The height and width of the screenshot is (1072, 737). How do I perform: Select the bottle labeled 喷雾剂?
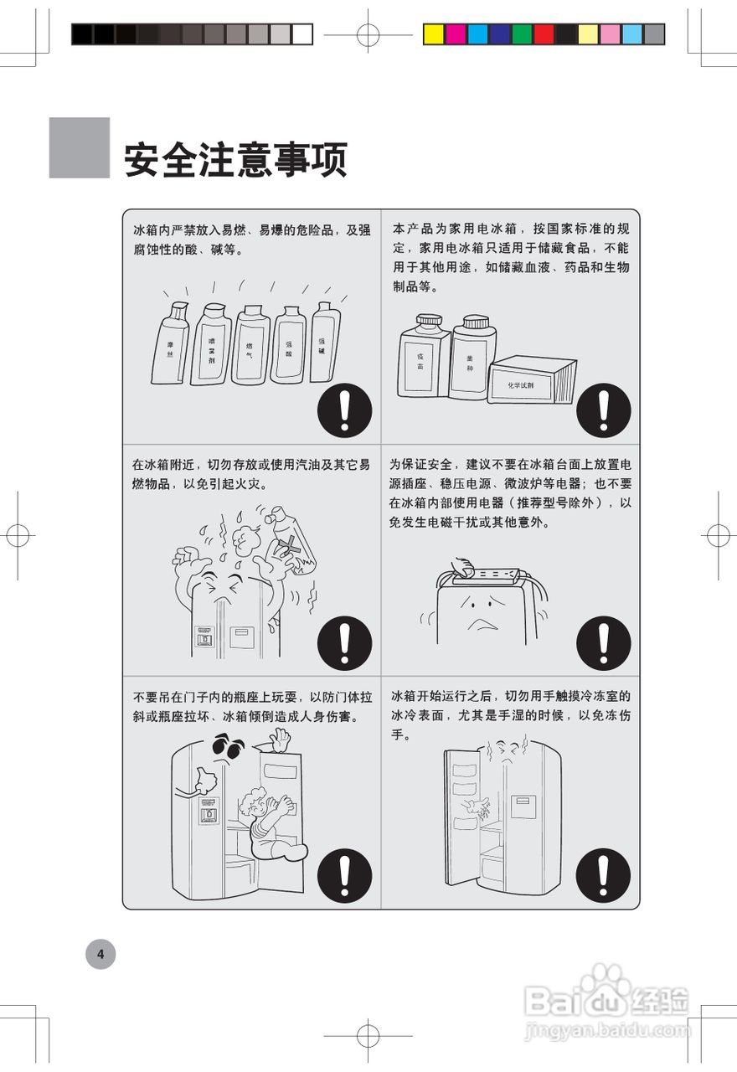click(x=211, y=345)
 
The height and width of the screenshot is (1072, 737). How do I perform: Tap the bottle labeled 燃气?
click(x=250, y=345)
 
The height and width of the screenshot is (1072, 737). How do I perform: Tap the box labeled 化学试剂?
click(x=533, y=381)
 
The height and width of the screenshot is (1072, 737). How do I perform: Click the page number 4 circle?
click(x=100, y=953)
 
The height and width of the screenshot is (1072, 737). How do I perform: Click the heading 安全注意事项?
click(x=235, y=159)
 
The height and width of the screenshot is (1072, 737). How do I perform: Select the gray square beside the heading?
click(x=79, y=147)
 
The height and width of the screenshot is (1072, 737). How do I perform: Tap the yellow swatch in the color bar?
click(x=433, y=34)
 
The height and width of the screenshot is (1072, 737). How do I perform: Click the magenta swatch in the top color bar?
click(x=456, y=34)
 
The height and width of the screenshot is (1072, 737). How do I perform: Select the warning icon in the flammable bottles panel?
click(x=344, y=411)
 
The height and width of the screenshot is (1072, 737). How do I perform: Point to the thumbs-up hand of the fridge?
click(x=204, y=780)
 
